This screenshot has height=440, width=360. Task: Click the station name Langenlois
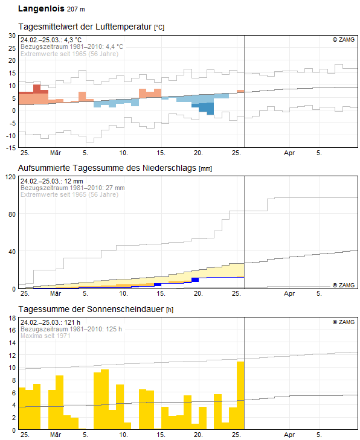click(x=41, y=8)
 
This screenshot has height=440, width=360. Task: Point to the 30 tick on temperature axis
click(x=12, y=36)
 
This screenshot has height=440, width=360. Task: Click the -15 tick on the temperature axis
click(x=11, y=148)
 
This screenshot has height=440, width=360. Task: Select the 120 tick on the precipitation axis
click(x=11, y=177)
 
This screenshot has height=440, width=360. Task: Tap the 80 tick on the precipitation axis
click(x=12, y=214)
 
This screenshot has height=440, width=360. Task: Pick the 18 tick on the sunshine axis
click(x=12, y=318)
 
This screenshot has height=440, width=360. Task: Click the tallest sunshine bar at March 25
click(x=240, y=395)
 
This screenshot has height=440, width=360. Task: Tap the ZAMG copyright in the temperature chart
click(x=344, y=40)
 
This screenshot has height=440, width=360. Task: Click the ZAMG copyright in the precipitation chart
click(x=344, y=285)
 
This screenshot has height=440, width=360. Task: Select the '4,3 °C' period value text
click(x=72, y=40)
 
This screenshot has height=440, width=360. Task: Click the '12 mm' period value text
click(x=74, y=181)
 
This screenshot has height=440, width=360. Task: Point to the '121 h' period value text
click(x=72, y=322)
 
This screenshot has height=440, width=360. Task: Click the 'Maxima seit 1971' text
click(x=45, y=336)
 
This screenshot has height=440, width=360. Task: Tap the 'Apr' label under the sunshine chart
click(x=289, y=435)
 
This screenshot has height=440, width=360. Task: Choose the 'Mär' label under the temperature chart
click(x=56, y=153)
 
